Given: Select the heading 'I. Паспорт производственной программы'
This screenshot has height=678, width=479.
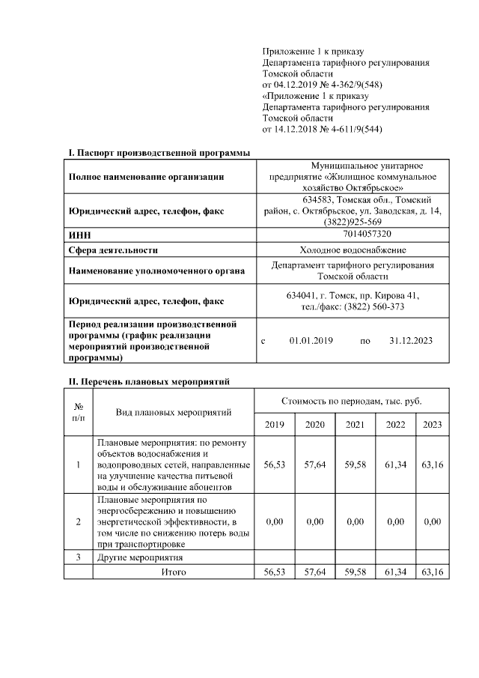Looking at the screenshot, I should [x=159, y=153].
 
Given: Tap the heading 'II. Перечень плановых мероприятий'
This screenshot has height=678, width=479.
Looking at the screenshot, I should [x=149, y=381].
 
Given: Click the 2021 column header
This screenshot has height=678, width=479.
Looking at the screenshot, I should [x=355, y=425].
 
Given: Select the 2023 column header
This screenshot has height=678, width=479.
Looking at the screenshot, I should [x=432, y=425].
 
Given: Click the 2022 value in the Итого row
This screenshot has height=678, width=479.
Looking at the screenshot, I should [x=395, y=572].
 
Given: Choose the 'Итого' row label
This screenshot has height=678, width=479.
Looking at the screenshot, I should [x=174, y=572].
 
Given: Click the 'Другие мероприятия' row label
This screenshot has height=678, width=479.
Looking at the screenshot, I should [x=141, y=557].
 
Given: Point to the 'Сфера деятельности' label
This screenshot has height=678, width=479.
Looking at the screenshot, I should [x=113, y=249].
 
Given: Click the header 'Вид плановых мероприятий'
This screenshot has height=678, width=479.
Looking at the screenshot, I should [x=174, y=412].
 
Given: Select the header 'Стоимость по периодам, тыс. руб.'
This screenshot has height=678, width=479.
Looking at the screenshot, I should [x=352, y=402].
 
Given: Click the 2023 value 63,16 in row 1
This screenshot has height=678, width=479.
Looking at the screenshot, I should [x=432, y=464].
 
